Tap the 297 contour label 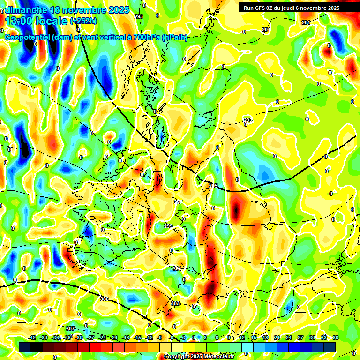point(178,202)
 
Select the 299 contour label point(168,226)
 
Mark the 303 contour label point(175,303)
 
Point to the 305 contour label point(105,299)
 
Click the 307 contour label point(70,328)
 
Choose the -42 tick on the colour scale point(32,337)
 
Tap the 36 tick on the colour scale point(336,337)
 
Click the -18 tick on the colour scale point(126,337)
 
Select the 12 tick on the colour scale point(242,337)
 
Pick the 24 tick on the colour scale point(289,337)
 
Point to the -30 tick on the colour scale point(79,337)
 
